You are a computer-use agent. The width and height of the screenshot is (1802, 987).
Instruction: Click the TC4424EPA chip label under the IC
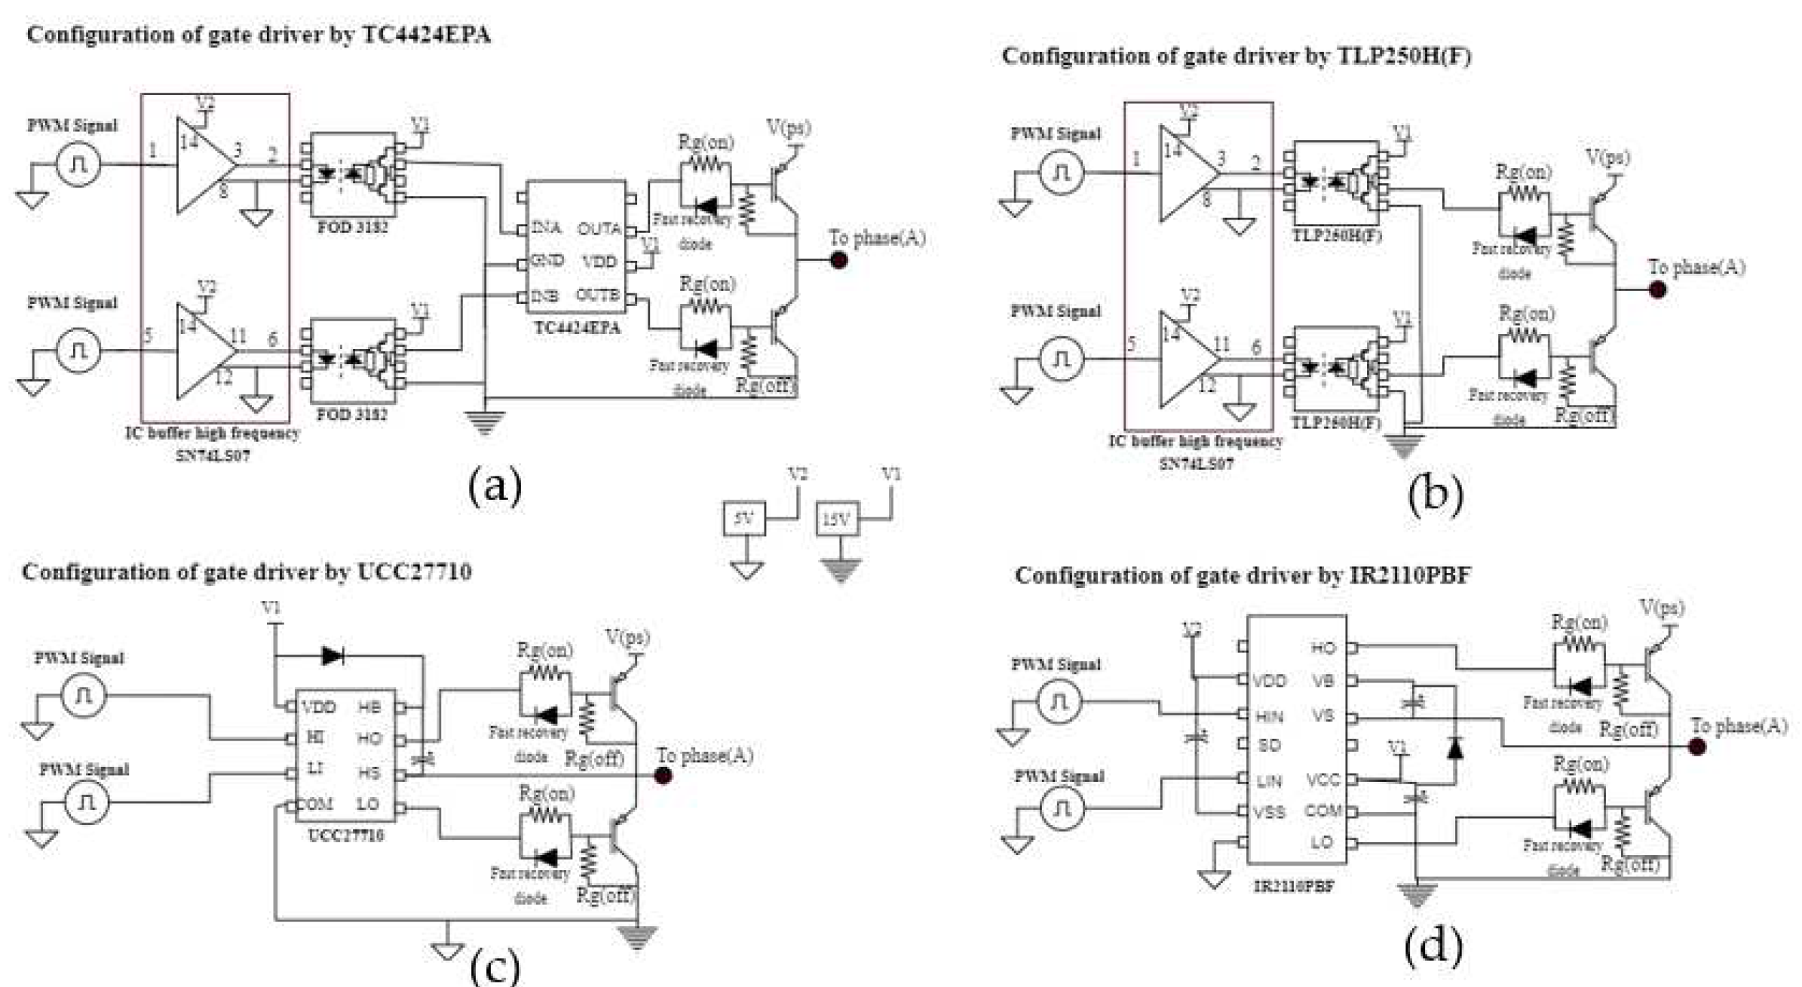tap(577, 328)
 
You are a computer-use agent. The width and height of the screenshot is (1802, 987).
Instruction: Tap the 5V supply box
tap(743, 519)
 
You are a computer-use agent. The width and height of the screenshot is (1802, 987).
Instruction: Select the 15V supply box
tap(837, 520)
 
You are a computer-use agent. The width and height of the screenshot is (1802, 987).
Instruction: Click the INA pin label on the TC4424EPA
tap(547, 227)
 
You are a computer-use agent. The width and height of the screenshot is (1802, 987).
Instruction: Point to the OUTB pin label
tap(598, 295)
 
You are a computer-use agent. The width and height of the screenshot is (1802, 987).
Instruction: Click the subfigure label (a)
tap(495, 486)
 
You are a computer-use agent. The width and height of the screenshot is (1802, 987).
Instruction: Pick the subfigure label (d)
tap(1433, 946)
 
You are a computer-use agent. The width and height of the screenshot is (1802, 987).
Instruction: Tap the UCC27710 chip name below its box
tap(346, 835)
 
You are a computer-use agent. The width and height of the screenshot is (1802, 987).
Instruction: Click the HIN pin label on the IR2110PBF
tap(1270, 716)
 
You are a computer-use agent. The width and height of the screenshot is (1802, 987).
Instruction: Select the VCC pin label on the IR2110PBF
tap(1323, 780)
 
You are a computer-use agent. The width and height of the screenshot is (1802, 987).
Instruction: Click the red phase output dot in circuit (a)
tap(838, 260)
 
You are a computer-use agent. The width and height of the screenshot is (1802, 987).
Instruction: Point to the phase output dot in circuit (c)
tap(663, 776)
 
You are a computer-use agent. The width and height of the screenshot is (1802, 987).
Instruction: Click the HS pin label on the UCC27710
tap(369, 772)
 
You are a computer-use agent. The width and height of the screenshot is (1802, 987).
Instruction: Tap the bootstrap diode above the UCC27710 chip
tap(333, 656)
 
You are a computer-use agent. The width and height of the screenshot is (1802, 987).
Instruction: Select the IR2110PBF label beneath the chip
tap(1294, 887)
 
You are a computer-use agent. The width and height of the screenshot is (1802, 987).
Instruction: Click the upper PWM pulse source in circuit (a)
tap(78, 164)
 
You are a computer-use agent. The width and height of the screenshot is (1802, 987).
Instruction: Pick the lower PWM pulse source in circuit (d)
tap(1062, 810)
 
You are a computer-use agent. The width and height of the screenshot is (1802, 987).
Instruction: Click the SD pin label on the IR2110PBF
tap(1269, 746)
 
